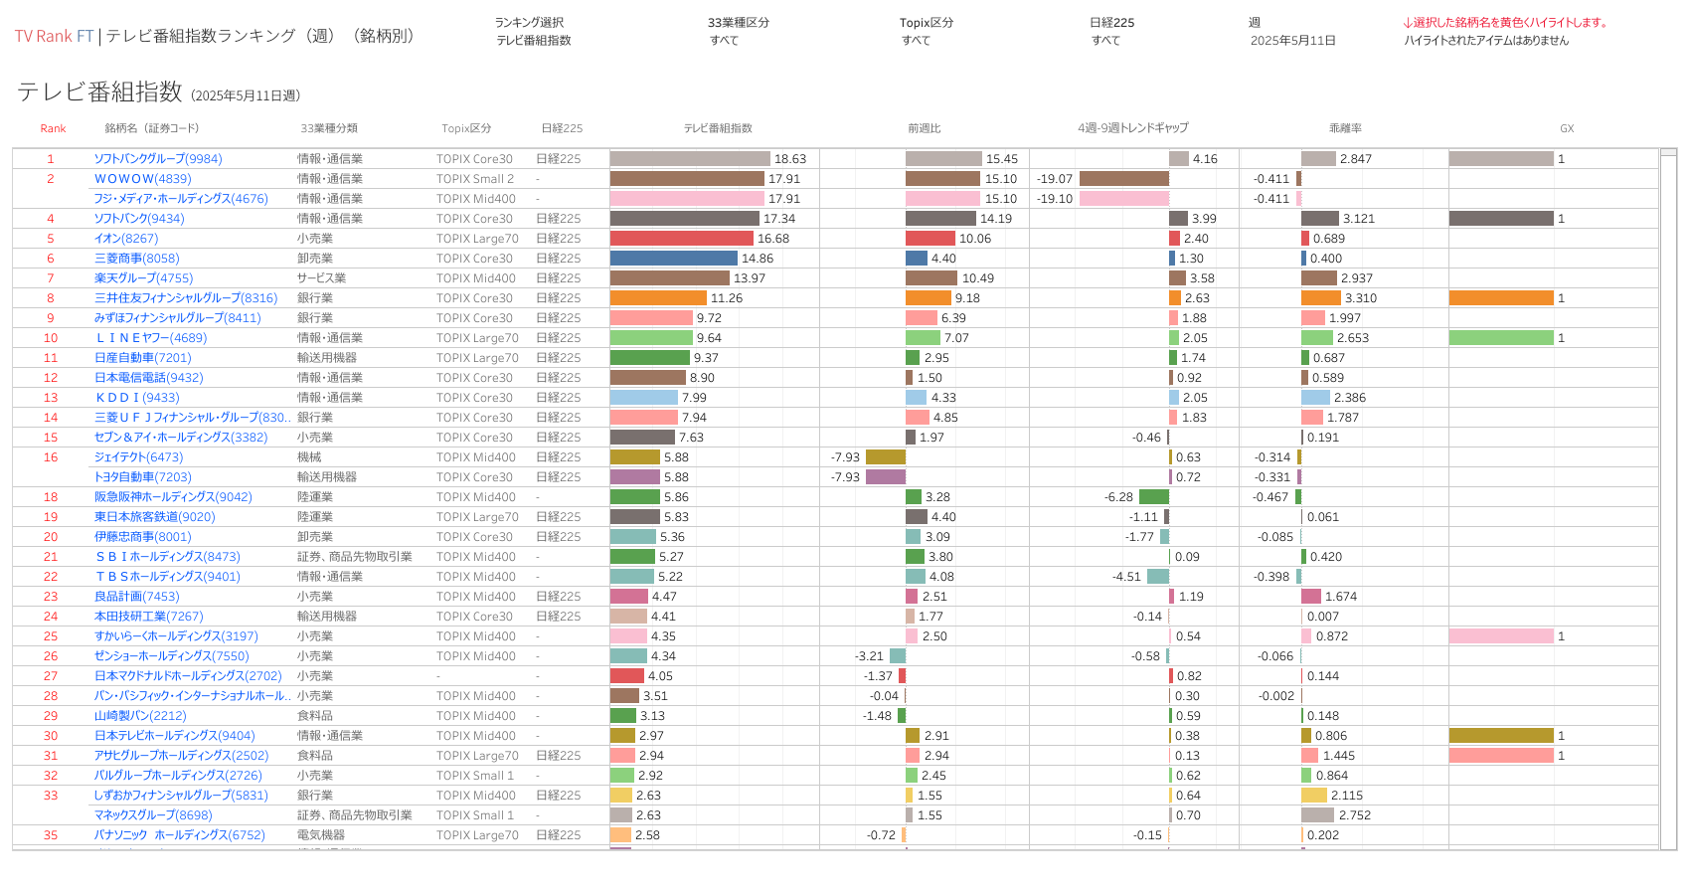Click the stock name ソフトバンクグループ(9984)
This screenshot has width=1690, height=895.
tap(158, 159)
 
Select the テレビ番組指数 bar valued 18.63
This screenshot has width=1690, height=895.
tap(690, 159)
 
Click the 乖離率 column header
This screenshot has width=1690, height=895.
tap(1345, 128)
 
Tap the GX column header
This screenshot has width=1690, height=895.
tap(1567, 128)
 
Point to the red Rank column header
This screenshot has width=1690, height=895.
tap(53, 128)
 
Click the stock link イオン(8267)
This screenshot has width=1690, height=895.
tap(126, 239)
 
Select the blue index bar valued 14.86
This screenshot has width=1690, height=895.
tap(674, 259)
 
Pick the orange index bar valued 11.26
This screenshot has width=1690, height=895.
tap(658, 298)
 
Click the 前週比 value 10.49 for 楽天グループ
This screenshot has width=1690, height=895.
tap(977, 278)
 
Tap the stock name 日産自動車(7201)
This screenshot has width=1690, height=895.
tap(142, 358)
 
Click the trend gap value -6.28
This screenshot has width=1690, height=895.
tap(1118, 497)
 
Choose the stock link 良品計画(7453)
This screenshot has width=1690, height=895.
tap(136, 597)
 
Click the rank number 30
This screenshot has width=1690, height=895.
tap(51, 736)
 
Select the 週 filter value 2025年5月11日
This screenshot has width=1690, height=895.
tap(1292, 41)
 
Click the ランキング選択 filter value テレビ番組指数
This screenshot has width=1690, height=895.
tap(534, 41)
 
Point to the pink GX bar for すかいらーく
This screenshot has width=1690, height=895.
tap(1501, 636)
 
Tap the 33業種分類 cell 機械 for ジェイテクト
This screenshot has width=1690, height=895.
tap(309, 457)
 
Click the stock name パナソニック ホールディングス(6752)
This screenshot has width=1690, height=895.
tap(180, 835)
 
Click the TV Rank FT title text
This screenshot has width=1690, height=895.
tap(54, 36)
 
